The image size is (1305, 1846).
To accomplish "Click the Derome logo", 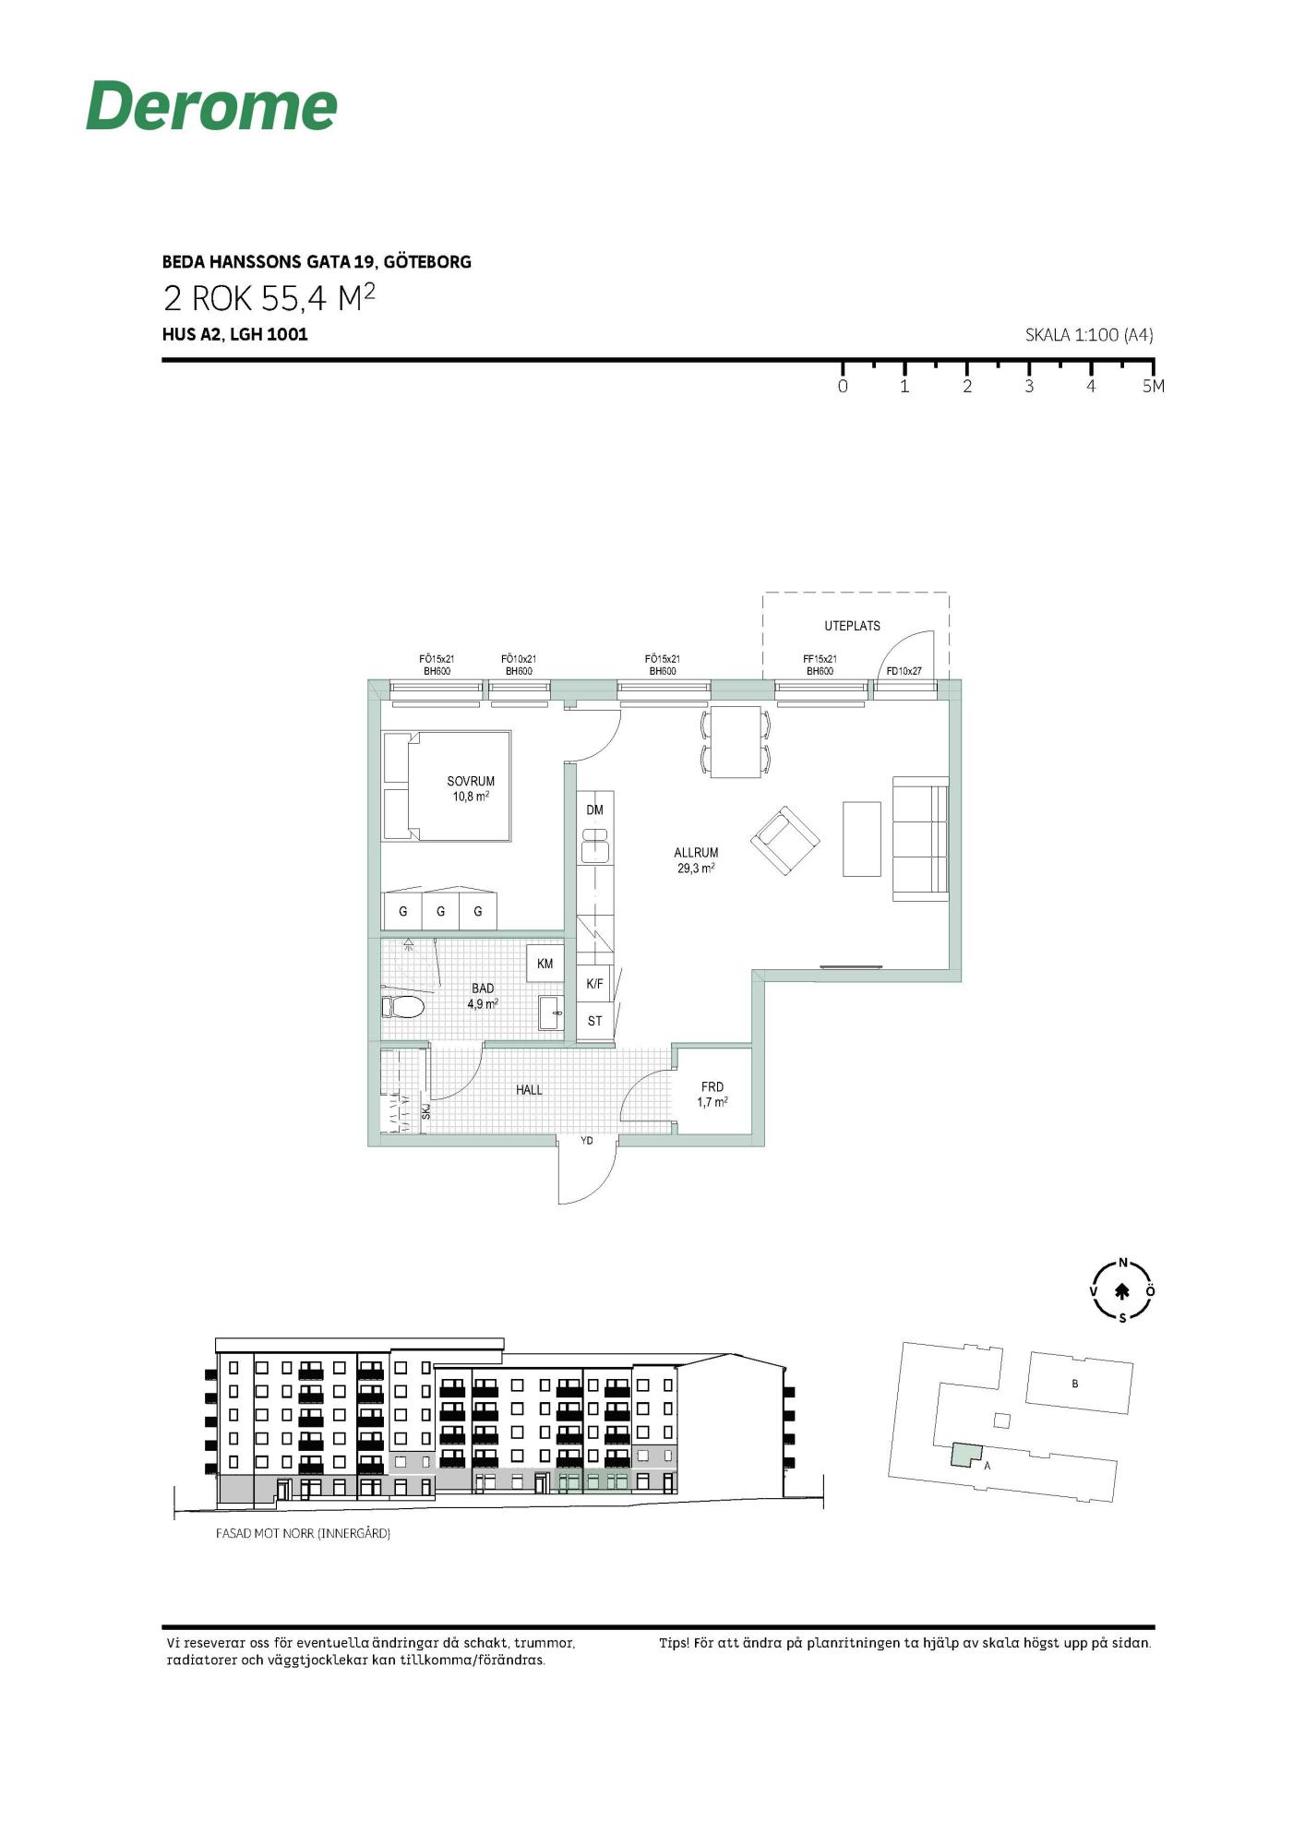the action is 211,105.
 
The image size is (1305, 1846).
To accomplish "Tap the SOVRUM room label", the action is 471,781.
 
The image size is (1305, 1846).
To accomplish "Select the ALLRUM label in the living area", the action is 696,853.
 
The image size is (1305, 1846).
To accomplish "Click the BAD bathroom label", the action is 483,989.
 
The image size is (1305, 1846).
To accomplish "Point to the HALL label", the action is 529,1090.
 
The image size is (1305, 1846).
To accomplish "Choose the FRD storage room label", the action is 712,1087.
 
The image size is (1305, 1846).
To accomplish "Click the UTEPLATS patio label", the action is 852,626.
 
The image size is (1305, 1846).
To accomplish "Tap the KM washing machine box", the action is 545,964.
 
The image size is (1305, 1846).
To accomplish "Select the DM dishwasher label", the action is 594,810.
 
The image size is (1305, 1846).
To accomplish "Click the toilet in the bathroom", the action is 403,1006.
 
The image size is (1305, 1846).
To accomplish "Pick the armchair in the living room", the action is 785,841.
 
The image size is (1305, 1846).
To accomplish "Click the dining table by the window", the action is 736,742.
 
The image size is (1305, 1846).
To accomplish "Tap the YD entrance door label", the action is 586,1142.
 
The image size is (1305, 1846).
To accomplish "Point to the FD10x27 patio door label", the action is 904,671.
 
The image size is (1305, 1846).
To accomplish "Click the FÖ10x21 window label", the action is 519,659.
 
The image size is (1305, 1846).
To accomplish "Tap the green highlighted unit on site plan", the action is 966,1455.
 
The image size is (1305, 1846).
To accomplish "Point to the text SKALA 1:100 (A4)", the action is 1089,335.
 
